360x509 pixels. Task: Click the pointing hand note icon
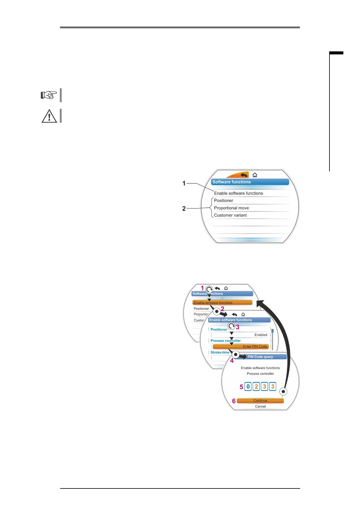[49, 95]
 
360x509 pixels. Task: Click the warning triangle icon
[49, 116]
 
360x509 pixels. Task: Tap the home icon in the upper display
[255, 175]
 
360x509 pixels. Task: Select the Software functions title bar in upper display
[250, 182]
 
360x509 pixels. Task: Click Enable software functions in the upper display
[238, 193]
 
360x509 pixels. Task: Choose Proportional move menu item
[231, 208]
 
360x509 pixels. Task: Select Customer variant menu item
[230, 215]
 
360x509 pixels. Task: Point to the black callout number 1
[184, 183]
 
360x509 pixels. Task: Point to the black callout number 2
[184, 209]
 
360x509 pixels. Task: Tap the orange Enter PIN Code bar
[241, 347]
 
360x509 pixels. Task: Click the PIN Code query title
[260, 357]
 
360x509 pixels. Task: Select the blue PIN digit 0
[248, 387]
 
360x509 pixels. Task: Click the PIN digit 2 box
[256, 387]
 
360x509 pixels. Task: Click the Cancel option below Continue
[260, 407]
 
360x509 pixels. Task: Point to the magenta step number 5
[241, 387]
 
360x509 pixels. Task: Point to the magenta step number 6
[234, 401]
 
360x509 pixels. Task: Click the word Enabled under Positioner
[261, 335]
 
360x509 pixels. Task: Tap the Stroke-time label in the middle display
[220, 352]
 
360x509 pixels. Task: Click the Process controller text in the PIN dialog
[260, 374]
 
